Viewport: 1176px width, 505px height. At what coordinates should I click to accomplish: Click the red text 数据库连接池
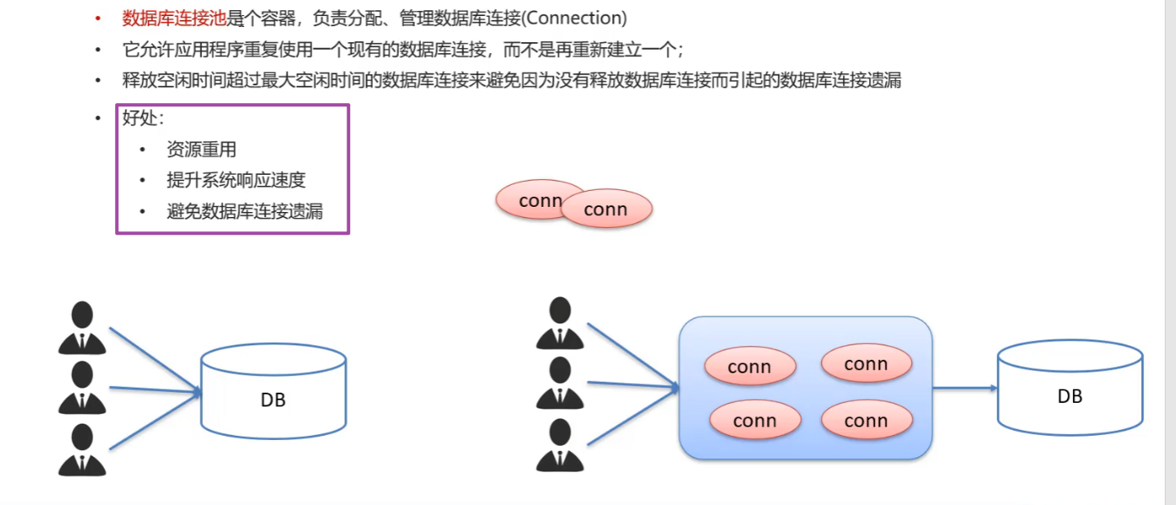coord(174,18)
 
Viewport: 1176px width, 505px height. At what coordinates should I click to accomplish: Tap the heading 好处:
coord(143,117)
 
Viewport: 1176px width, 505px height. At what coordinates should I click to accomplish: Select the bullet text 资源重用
coord(201,149)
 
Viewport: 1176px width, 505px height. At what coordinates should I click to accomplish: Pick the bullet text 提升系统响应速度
coord(236,180)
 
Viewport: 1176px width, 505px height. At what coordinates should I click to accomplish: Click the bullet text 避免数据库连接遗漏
coord(245,211)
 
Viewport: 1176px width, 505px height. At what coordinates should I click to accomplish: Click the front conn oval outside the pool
coord(606,209)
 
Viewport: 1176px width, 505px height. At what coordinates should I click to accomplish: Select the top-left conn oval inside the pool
coord(750,367)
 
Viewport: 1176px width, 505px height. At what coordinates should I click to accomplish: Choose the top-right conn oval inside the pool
coord(867,364)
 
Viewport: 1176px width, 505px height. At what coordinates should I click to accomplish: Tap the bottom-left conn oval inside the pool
coord(755,421)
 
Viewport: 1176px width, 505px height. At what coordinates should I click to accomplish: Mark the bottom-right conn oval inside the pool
coord(867,421)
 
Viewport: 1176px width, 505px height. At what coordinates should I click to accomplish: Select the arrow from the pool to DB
coord(965,388)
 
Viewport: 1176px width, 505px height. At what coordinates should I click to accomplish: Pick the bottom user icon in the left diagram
coord(82,449)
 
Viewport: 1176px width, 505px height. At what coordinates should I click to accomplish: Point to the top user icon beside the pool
coord(560,323)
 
